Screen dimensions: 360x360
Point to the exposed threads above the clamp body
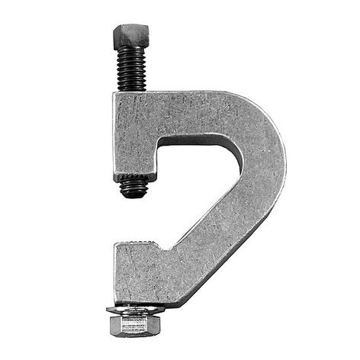pos(132,69)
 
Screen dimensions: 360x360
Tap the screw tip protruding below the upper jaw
pos(134,186)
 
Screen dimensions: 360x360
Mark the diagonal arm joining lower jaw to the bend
pos(221,236)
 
